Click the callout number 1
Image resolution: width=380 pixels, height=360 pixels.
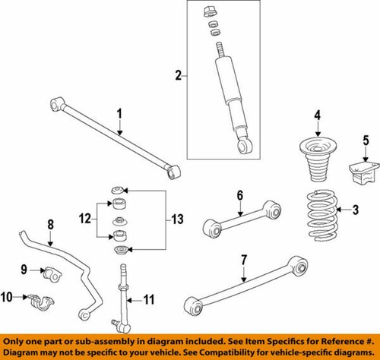coord(119,114)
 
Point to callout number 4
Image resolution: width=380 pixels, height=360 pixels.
coord(318,116)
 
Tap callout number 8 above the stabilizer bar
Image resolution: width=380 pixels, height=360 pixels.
coord(51,225)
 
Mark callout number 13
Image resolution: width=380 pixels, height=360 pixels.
coord(177,219)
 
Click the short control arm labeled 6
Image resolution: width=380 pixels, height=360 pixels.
coord(241,218)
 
